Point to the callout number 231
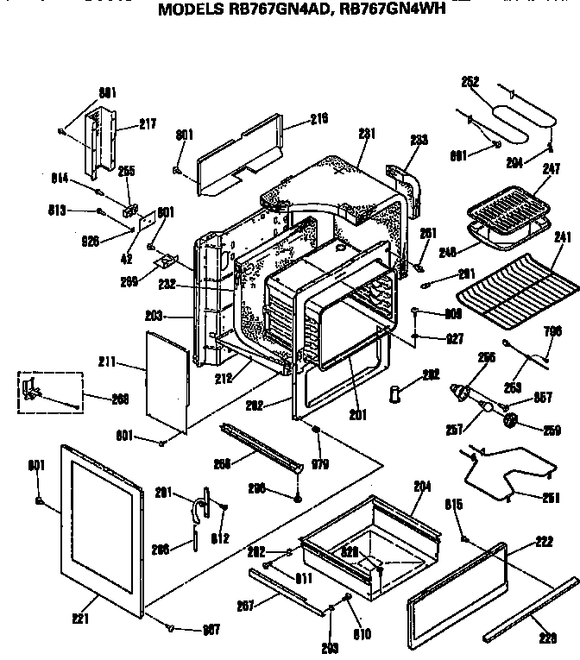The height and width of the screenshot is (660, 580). point(368,133)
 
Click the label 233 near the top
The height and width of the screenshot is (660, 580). point(419,139)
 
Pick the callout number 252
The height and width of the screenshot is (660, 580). point(470,82)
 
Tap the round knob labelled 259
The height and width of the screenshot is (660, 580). point(511,421)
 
